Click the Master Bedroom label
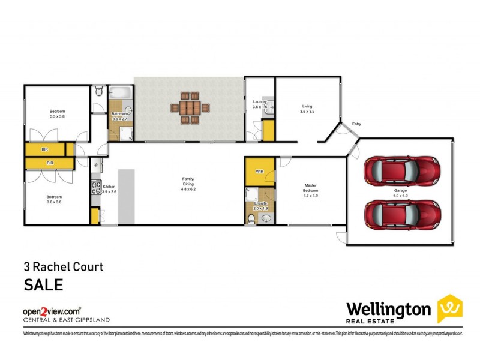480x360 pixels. [x=310, y=191]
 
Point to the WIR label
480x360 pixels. [x=260, y=172]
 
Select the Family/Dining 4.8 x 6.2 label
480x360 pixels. [x=189, y=183]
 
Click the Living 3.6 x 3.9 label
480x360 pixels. [x=307, y=109]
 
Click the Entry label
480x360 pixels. [x=356, y=124]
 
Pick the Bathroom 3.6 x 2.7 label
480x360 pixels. [x=120, y=116]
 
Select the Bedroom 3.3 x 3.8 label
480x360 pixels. [x=57, y=114]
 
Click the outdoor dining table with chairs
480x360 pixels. [x=188, y=108]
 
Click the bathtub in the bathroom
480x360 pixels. [x=120, y=94]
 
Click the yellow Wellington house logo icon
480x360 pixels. [x=449, y=308]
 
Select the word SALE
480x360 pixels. [x=43, y=284]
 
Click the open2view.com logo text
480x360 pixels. [x=52, y=311]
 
